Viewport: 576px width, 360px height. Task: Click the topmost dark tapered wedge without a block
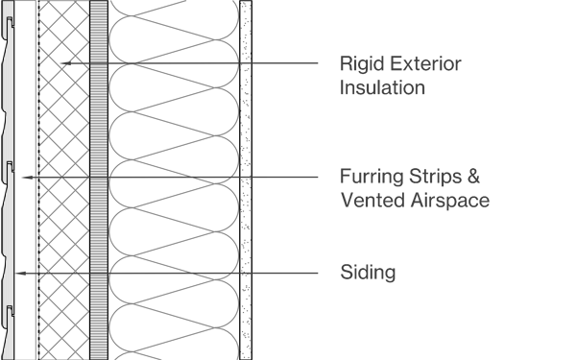click(187, 64)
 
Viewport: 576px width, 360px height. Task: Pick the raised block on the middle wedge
click(208, 164)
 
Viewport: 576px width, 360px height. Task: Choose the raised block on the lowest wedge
click(208, 261)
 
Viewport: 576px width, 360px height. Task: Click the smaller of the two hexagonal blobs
click(62, 60)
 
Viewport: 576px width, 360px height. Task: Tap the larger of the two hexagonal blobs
click(75, 66)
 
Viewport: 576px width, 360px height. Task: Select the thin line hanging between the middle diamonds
click(61, 183)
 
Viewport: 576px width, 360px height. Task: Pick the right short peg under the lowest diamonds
click(75, 278)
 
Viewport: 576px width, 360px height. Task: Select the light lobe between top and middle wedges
click(173, 120)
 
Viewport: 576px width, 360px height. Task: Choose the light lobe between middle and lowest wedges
click(173, 226)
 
